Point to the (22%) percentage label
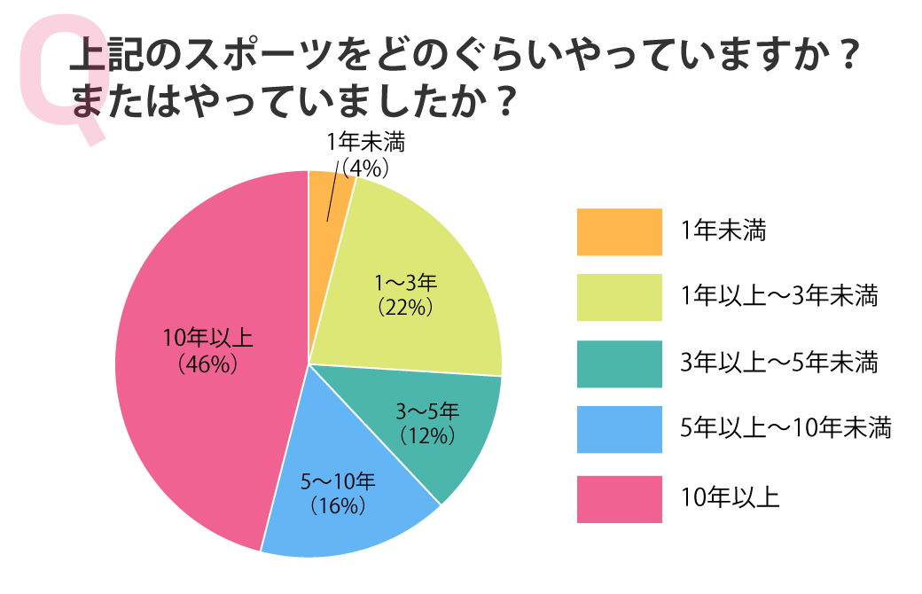pos(405,308)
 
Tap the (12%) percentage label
pos(427,435)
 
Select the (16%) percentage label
pos(338,506)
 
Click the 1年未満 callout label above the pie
pos(359,142)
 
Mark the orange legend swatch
pos(619,231)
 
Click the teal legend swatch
pos(619,363)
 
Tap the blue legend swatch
pos(619,429)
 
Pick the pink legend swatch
pos(619,498)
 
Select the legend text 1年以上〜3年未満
pos(779,297)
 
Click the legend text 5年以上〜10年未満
pos(785,429)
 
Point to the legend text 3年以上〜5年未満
pos(779,363)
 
